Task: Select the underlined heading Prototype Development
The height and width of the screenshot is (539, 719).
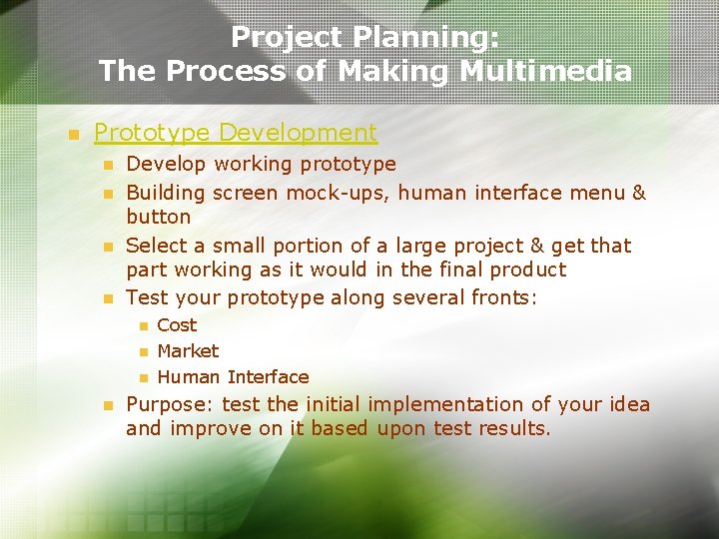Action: coord(235,133)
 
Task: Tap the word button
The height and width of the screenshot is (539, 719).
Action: coord(158,217)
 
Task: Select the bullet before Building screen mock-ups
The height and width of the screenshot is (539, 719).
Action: coord(109,192)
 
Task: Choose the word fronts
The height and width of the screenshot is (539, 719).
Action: coord(498,297)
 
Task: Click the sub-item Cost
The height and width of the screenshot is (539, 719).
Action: coord(177,325)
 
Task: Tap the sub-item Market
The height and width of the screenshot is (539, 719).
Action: coord(188,351)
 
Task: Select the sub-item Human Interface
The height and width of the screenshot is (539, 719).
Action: coord(233,377)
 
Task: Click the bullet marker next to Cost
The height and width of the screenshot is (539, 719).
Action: coord(143,326)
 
